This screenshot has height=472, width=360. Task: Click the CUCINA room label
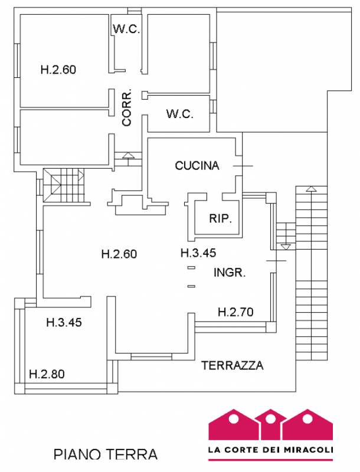coord(197,166)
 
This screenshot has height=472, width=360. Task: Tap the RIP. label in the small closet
coord(221,218)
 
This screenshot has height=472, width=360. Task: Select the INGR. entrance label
coord(229,273)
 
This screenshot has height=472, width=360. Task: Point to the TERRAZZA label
coord(232,365)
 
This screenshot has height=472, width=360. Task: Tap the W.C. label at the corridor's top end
coord(126,29)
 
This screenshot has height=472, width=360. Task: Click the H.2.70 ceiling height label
coord(235,312)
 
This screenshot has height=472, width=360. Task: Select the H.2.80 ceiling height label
coord(47,373)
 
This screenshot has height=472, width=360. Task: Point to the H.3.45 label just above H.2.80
coord(63,323)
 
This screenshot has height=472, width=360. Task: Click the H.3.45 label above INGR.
coord(198,253)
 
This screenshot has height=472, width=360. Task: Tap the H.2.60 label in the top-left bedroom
coord(58,69)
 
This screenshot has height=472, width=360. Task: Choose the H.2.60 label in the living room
coord(119,254)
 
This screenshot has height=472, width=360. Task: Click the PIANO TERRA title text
coord(106,455)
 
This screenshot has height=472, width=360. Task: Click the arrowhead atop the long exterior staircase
coord(309,189)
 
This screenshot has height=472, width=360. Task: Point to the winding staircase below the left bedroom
coord(63,185)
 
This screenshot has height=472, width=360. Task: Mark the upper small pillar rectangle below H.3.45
coord(191,268)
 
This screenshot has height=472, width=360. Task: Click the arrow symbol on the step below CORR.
coord(129,155)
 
